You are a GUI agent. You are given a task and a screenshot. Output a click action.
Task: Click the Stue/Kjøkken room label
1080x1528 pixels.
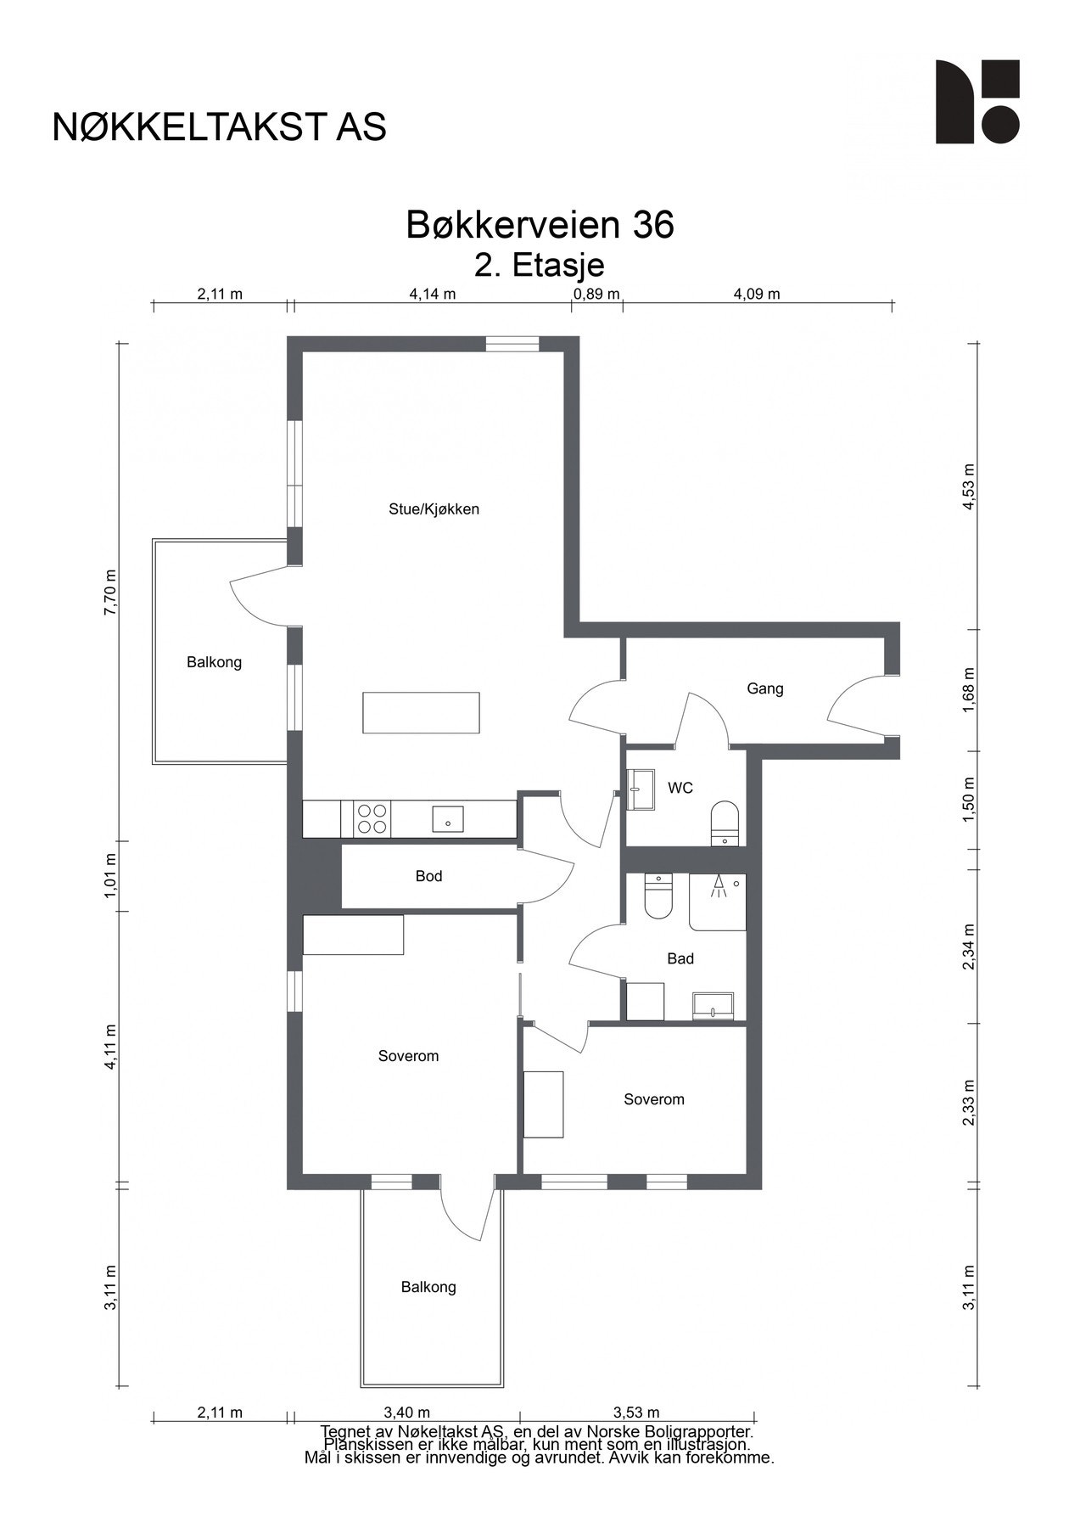[x=434, y=509]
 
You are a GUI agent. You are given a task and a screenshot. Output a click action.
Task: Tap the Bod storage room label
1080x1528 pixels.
[x=428, y=876]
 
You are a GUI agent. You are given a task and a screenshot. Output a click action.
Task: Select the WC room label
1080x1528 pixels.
[x=680, y=788]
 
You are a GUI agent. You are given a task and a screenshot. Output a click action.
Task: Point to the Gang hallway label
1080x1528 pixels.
[x=764, y=688]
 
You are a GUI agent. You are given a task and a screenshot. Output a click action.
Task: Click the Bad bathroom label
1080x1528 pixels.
[x=680, y=958]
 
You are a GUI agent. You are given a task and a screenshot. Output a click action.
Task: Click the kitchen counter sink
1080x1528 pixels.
[x=447, y=820]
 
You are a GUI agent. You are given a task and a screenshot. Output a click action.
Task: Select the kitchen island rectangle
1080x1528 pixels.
[x=421, y=712]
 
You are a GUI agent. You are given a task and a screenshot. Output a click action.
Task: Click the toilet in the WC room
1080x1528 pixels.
[x=725, y=823]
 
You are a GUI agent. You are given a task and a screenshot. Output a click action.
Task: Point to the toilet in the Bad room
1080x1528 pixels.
[x=658, y=897]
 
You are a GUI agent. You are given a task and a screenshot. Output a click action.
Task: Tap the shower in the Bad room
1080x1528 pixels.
[x=718, y=902]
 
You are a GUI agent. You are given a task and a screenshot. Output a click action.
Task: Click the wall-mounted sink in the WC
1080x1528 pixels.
[x=641, y=790]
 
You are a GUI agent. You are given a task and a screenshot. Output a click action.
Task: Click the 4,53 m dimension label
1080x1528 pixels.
[x=969, y=486]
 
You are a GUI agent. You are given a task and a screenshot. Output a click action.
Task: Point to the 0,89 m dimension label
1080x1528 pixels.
[x=597, y=295]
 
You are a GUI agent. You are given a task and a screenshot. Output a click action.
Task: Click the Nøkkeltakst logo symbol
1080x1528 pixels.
[x=977, y=102]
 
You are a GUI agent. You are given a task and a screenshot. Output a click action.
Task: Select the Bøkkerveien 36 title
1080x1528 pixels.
[x=540, y=225]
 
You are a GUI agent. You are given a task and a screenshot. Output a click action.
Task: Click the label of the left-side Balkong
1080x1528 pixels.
[x=214, y=662]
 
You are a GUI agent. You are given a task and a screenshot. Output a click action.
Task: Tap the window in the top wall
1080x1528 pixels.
[x=512, y=344]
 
